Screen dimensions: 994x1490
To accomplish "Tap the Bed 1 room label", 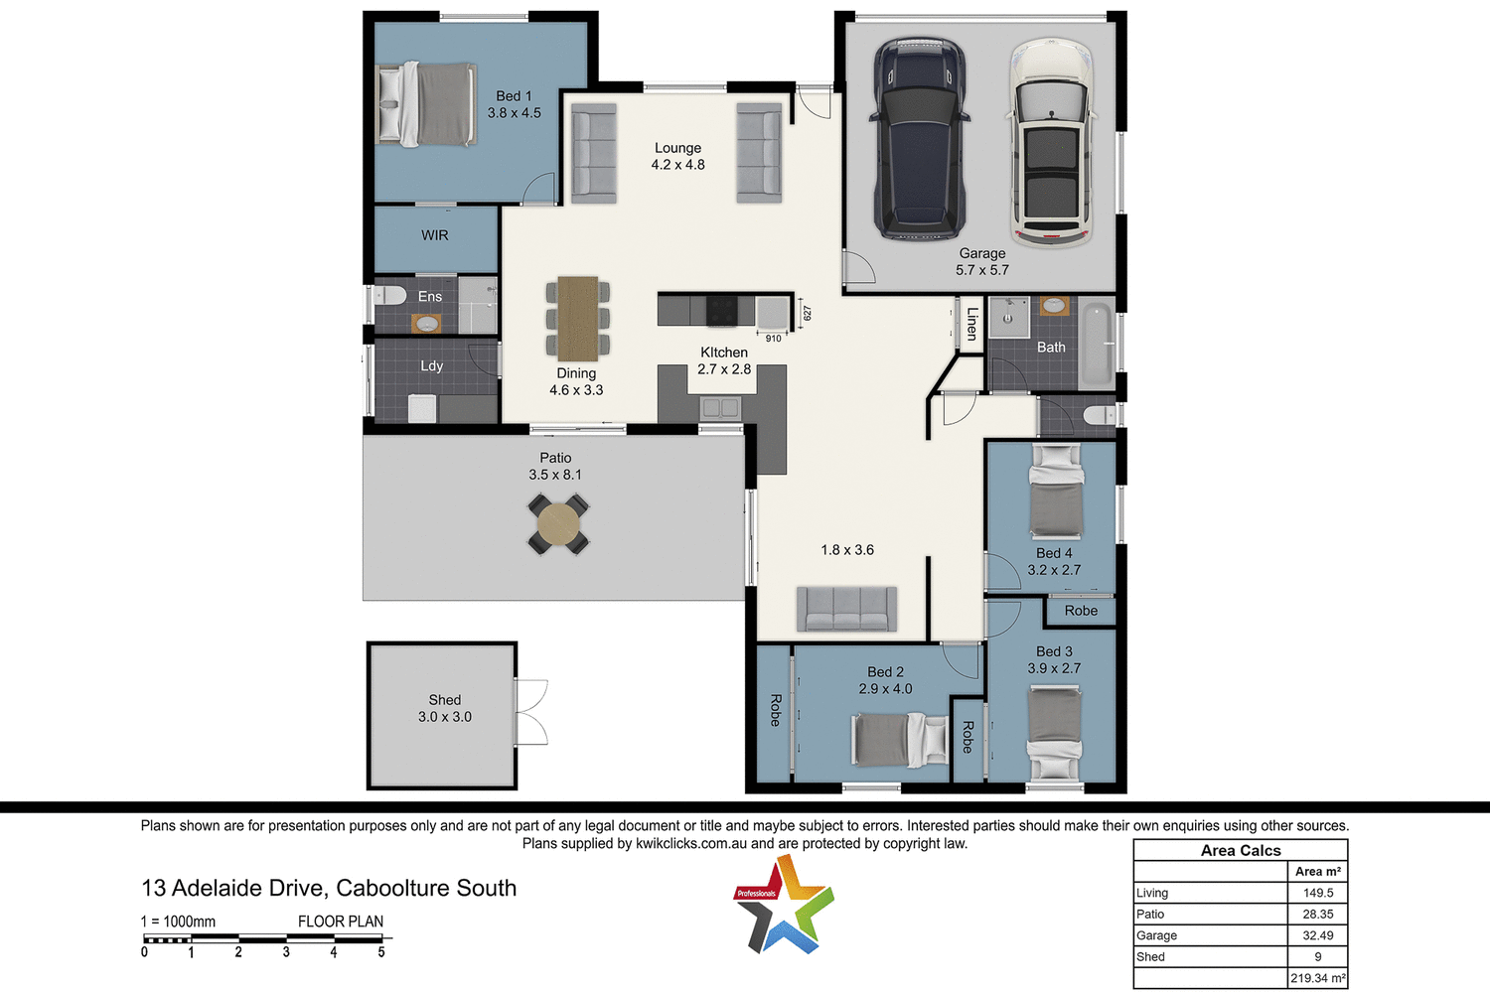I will point(514,96).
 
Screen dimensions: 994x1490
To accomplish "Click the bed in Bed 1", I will point(427,104).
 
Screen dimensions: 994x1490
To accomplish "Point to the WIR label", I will point(435,235).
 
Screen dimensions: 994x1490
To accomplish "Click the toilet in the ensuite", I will point(389,295).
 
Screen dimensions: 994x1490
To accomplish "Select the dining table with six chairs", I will point(577,318).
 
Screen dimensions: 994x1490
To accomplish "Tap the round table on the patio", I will point(558,523).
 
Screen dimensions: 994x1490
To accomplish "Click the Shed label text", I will point(444,700).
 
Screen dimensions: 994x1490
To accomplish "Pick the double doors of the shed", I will point(531,712).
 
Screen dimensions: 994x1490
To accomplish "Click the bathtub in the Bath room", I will point(1097,346).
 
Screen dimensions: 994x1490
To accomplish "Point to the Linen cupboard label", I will point(972,324).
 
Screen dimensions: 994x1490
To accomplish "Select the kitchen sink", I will point(719,407).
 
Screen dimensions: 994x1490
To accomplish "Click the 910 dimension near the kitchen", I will point(773,339).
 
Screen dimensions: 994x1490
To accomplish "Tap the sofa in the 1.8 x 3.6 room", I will point(846,608).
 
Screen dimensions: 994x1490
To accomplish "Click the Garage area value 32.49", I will point(1317,935).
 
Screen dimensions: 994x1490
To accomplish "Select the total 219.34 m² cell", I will point(1317,978).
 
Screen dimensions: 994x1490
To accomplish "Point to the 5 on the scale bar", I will point(381,952).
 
